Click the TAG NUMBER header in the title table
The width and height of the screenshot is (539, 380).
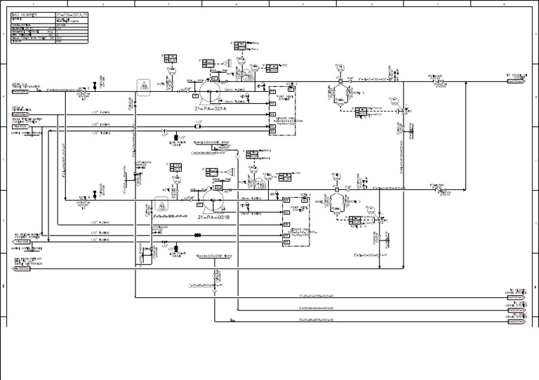[25, 13]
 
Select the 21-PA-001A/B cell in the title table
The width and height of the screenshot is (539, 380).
[71, 13]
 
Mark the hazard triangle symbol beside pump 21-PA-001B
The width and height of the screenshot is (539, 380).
[161, 206]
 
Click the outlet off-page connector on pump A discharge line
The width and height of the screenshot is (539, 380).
[517, 81]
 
